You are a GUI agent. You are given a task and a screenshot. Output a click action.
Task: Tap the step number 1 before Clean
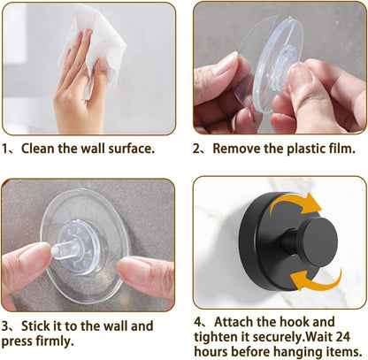click(x=6, y=151)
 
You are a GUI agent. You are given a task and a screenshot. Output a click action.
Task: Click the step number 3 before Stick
click(x=6, y=326)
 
